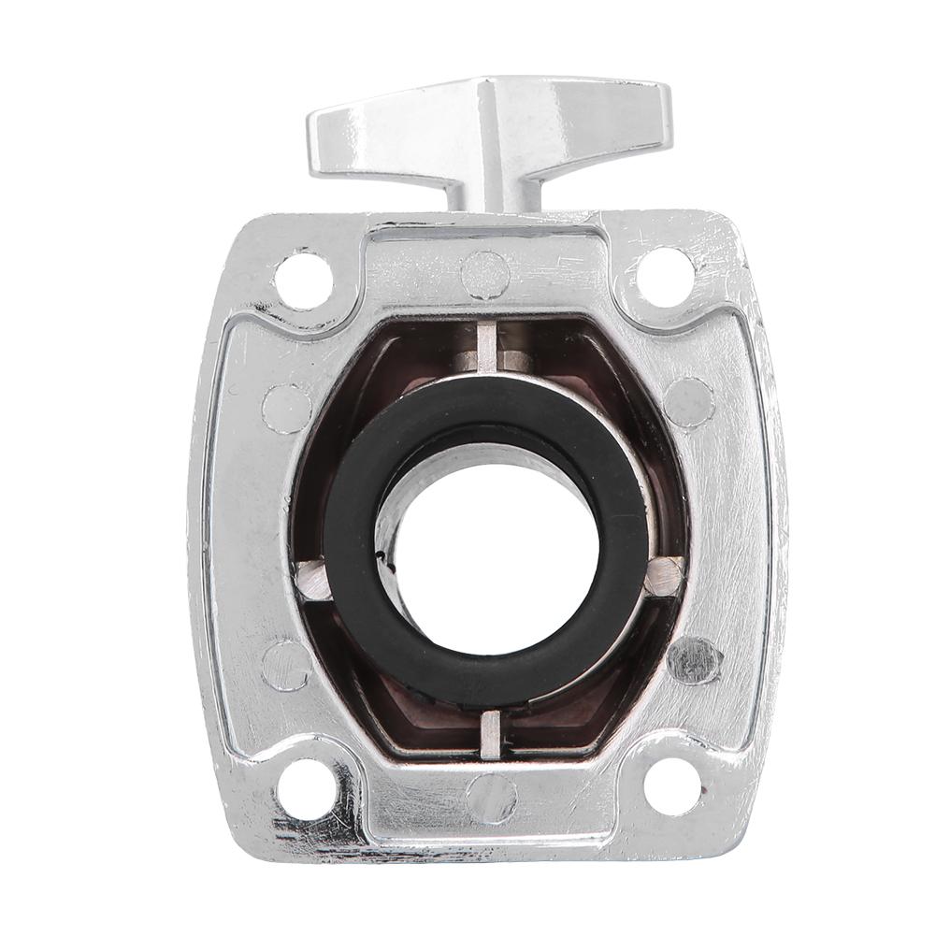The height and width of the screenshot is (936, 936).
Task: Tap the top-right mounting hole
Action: tap(666, 277)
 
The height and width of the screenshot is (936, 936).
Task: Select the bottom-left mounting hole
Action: tap(306, 786)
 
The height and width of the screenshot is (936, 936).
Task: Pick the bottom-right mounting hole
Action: tap(672, 786)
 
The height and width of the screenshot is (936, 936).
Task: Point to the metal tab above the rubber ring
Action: tap(487, 348)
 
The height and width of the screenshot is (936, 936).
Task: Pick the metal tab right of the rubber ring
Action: tap(663, 575)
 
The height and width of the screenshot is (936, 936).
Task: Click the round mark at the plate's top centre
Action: tap(485, 274)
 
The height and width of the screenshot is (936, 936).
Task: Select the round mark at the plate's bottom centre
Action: tap(491, 799)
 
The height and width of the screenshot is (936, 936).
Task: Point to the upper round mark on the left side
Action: tap(286, 408)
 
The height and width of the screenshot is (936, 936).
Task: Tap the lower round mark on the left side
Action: tap(286, 665)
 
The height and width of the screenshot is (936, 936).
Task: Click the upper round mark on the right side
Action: tap(689, 402)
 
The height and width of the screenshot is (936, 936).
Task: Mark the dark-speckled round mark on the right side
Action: tap(695, 660)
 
